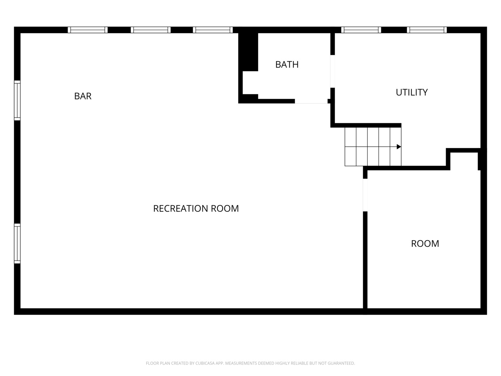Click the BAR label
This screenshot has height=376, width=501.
[x=83, y=96]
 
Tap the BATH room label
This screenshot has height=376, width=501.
[x=287, y=65]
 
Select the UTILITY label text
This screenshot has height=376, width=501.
[x=412, y=93]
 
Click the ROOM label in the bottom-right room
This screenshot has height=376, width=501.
[x=425, y=244]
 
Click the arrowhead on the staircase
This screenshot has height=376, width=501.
[x=399, y=147]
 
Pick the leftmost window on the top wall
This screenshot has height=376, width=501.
[x=88, y=30]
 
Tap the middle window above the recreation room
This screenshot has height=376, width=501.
[x=151, y=30]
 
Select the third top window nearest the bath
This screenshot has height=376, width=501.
[x=213, y=30]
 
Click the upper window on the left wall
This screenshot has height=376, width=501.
[x=17, y=100]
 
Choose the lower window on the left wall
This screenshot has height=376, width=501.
[x=17, y=243]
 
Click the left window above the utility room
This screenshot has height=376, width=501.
[x=361, y=30]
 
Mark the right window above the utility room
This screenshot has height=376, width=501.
[x=427, y=30]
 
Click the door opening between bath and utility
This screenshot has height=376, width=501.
[x=333, y=71]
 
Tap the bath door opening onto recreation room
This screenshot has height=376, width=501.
[x=311, y=101]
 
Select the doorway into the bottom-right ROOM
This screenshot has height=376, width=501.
[x=365, y=195]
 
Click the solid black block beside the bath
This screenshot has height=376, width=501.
[x=248, y=52]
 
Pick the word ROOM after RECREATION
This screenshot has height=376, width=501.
[x=225, y=209]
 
